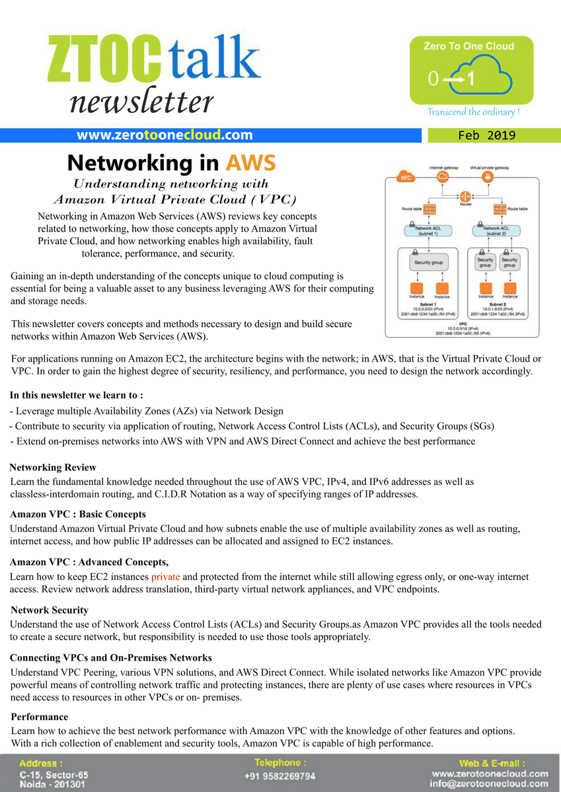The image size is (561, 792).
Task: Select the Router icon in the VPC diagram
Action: (x=465, y=196)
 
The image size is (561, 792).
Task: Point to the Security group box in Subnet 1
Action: (x=428, y=262)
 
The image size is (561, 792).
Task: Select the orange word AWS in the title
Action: (x=250, y=162)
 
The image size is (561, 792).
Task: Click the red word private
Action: (x=165, y=577)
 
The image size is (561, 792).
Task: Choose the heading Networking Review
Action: (x=53, y=467)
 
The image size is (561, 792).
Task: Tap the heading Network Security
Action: (x=50, y=610)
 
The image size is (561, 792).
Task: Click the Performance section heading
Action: (x=40, y=717)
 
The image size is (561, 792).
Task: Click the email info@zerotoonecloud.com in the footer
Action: (x=489, y=784)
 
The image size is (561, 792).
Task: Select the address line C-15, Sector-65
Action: (x=54, y=774)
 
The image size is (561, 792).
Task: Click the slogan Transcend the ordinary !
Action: (x=473, y=112)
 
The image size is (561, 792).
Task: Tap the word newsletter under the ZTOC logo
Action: (x=141, y=102)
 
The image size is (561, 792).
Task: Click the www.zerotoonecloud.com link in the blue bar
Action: (x=165, y=135)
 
